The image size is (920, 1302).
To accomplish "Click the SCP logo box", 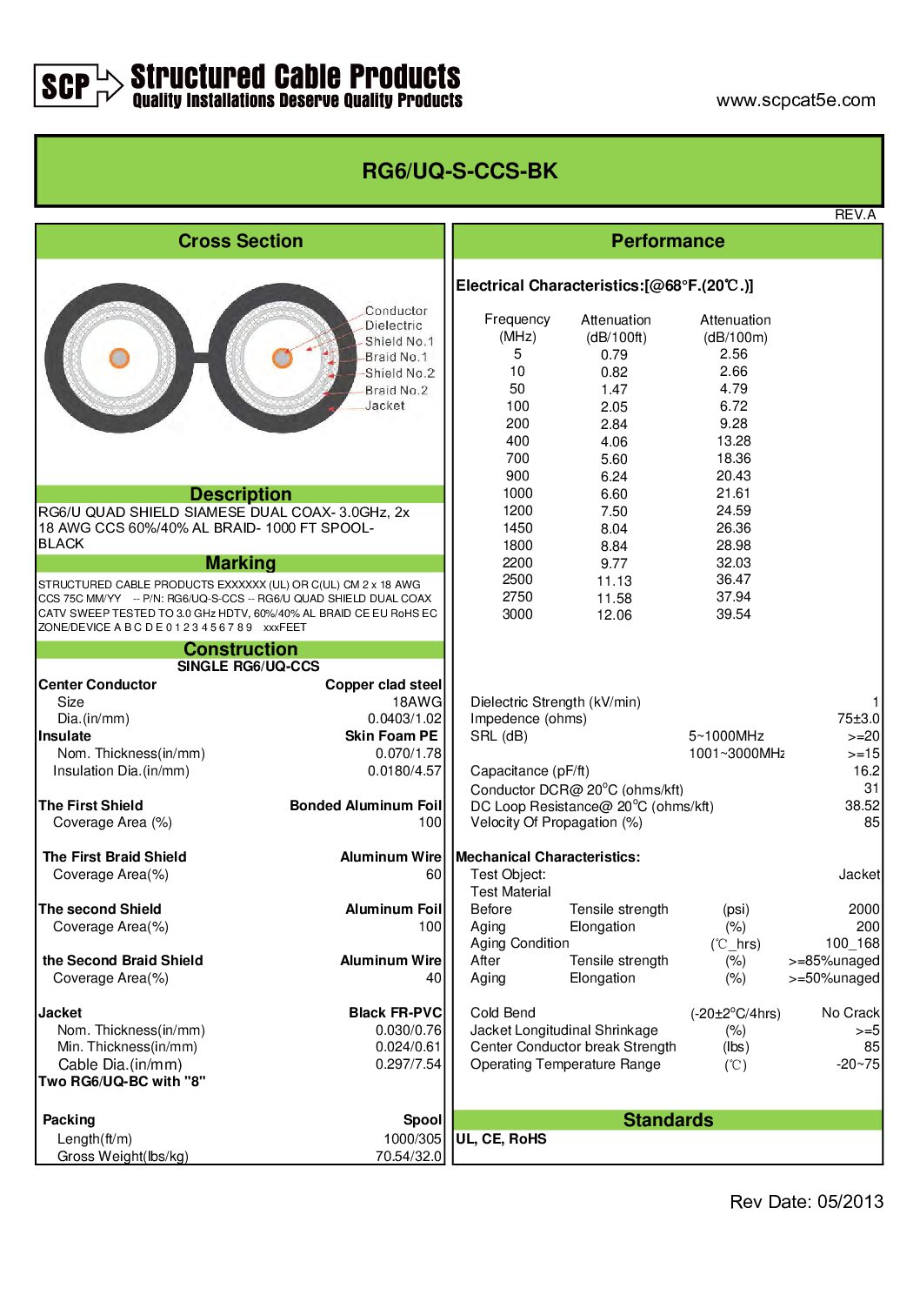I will [66, 86].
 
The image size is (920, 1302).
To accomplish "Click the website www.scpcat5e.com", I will [795, 100].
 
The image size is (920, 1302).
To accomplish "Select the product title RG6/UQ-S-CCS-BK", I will [459, 171].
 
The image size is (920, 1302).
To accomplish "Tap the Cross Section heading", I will [240, 241].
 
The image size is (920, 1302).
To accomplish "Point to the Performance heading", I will [667, 241].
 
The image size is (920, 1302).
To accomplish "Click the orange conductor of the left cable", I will [119, 358].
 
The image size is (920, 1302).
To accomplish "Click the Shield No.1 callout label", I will [398, 341].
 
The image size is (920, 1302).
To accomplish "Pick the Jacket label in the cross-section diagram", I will [384, 406].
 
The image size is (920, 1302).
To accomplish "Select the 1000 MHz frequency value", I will [517, 493].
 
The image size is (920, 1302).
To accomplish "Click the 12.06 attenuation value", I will [614, 615].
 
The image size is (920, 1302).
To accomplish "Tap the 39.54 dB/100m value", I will [733, 614].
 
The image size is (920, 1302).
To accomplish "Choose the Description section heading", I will [240, 494].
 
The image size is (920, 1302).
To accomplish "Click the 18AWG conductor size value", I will [417, 701].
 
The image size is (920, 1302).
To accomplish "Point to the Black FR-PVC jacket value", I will [395, 1013].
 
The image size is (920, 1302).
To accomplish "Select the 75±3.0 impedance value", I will [857, 719].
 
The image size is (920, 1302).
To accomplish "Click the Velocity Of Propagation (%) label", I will [556, 822].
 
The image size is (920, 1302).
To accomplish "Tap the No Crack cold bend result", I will [850, 1013].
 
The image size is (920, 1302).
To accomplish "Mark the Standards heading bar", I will [667, 1120].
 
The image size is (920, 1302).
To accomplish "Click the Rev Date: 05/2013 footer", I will [806, 1202].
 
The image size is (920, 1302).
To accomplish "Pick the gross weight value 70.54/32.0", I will [408, 1157].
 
